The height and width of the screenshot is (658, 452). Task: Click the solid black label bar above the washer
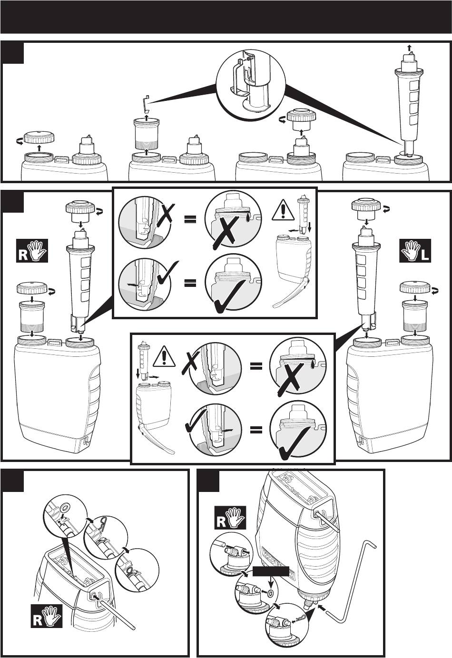click(x=271, y=571)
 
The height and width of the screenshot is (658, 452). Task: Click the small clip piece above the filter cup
click(x=147, y=102)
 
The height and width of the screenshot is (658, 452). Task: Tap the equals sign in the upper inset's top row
click(x=190, y=219)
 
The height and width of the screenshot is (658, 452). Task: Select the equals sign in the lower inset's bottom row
click(x=256, y=431)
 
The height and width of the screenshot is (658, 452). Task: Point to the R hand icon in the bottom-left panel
click(x=47, y=616)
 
